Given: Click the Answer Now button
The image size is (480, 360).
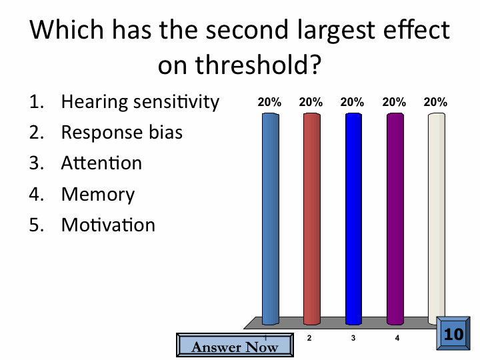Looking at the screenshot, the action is [x=235, y=345].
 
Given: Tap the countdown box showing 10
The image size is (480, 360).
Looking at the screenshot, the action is [x=453, y=333].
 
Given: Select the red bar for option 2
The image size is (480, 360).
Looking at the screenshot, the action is [x=312, y=219].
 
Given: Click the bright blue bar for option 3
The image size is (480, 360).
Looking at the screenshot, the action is [x=353, y=219].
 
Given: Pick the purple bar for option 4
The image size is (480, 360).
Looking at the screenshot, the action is [x=395, y=219].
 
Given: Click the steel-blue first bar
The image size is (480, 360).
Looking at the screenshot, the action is [x=271, y=219].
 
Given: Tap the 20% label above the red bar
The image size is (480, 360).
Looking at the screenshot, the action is [x=311, y=102].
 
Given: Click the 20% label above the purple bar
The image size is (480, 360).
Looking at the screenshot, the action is [x=394, y=102].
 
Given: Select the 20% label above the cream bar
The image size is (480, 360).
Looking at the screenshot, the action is [x=435, y=102].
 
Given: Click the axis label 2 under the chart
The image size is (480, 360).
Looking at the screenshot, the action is [x=309, y=338].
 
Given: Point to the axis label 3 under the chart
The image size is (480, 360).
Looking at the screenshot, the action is [x=353, y=338].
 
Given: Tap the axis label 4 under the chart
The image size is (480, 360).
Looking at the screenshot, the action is [x=397, y=338].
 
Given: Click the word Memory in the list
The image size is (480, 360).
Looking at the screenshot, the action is [x=98, y=195].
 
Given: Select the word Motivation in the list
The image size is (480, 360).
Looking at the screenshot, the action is [x=109, y=225].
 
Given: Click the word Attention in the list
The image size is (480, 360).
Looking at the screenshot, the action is [x=101, y=163].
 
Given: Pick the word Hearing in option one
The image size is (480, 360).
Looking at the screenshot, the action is [x=94, y=102].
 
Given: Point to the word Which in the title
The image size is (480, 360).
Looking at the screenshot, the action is [x=67, y=29].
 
